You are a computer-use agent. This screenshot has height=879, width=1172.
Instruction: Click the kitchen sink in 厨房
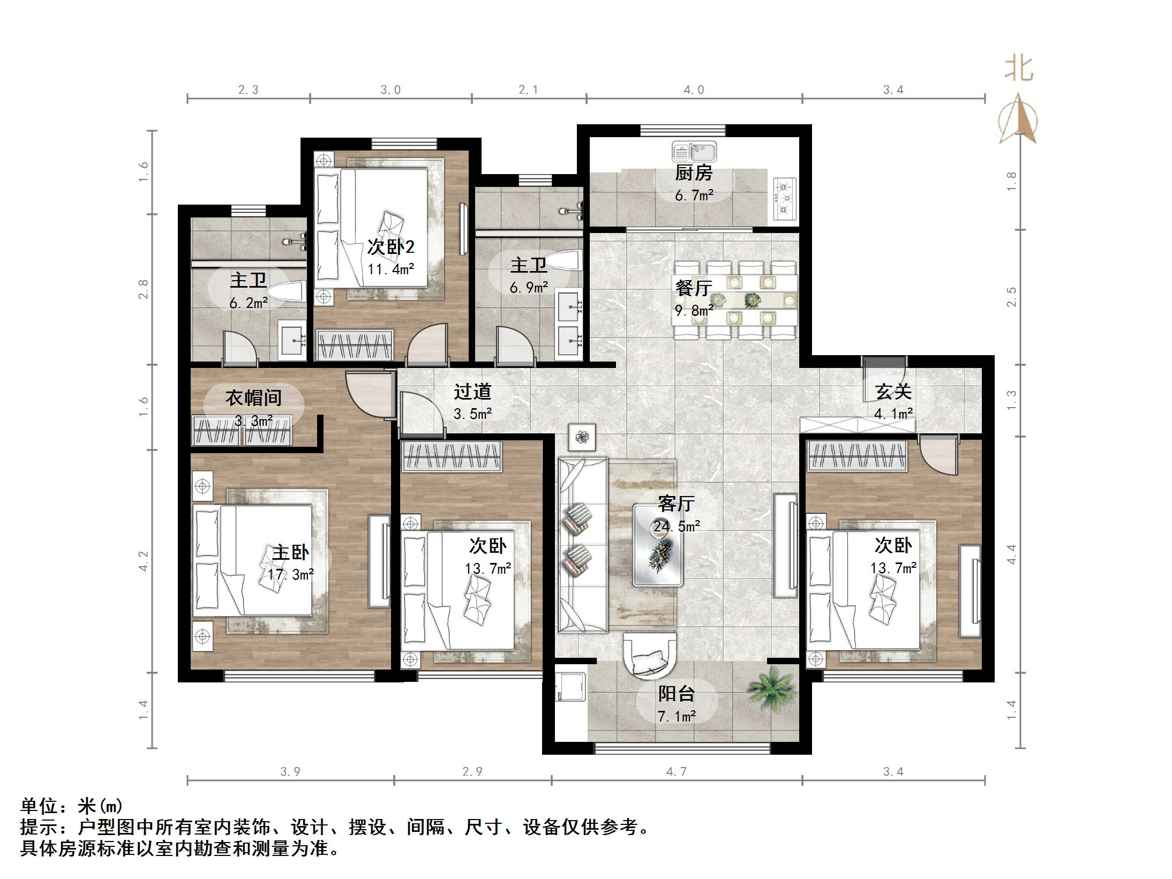[694, 153]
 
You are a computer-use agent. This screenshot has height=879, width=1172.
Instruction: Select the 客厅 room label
[676, 504]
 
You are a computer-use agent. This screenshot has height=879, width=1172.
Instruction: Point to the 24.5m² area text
[676, 527]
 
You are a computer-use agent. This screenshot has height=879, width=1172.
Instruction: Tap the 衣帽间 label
[253, 397]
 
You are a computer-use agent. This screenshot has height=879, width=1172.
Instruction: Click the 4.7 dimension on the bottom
[676, 772]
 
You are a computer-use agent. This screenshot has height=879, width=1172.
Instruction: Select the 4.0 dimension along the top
[694, 90]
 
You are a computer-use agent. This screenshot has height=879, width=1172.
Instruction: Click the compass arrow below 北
[1018, 121]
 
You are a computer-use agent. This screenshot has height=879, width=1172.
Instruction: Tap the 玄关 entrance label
[893, 392]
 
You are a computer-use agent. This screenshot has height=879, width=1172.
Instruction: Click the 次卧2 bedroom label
[390, 247]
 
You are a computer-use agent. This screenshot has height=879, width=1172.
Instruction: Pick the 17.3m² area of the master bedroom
[291, 575]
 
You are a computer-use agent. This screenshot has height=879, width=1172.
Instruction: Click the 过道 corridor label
[472, 392]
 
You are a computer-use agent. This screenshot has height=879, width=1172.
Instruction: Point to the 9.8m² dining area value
[694, 311]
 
